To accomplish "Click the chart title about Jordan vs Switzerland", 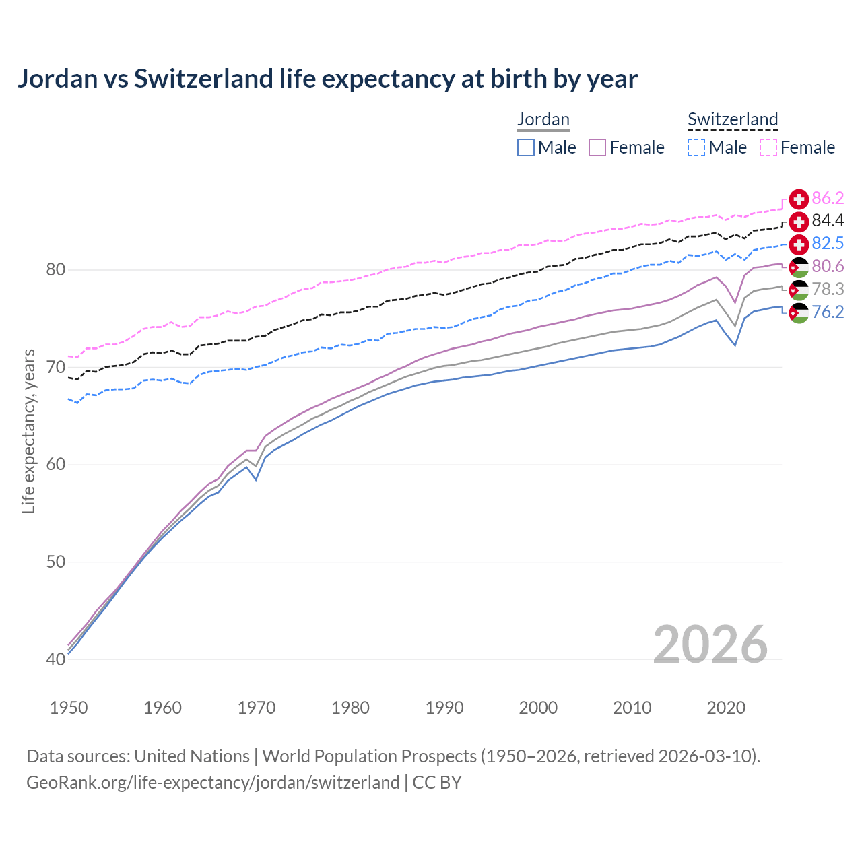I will pos(327,79).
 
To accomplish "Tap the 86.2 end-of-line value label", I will pos(828,198).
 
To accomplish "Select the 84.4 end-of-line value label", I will pos(828,221).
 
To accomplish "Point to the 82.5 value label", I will pos(828,243).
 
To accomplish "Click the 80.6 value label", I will pos(828,267).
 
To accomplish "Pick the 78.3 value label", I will pos(828,289).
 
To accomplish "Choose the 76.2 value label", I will pos(828,312).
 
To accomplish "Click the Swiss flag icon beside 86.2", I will pos(799,199).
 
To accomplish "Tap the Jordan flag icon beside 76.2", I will pos(799,312).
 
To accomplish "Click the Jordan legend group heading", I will pos(543,119).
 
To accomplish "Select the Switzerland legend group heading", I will pos(733,119).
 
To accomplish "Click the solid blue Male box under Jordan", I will pos(526,147).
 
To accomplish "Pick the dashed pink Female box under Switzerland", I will pos(768,147).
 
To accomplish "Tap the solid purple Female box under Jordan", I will pos(597,147).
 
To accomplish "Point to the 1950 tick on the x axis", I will pos(69,708).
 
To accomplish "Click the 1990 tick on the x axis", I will pos(444,708).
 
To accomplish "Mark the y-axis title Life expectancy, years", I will pos(29,431).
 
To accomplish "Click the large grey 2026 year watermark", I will pos(710,644).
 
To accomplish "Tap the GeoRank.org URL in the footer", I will pos(213,783).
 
